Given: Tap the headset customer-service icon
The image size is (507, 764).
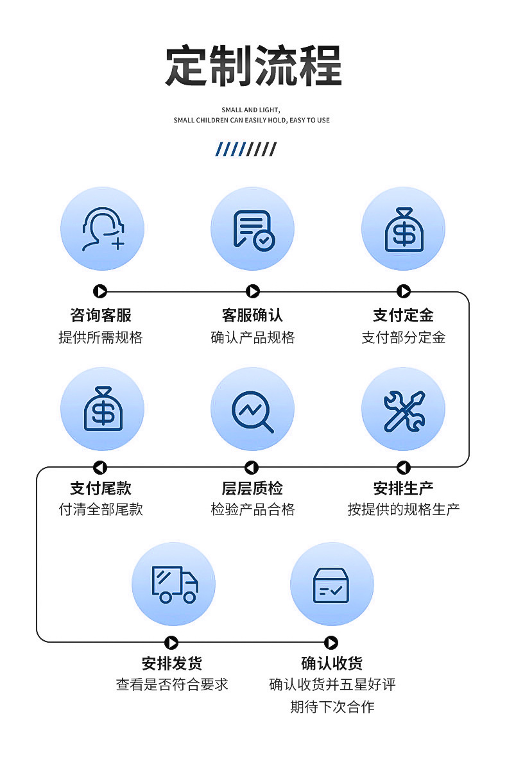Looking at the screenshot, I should (x=102, y=229).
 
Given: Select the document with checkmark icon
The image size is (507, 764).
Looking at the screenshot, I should (x=253, y=229).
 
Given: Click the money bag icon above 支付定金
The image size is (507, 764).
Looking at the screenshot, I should (x=403, y=229).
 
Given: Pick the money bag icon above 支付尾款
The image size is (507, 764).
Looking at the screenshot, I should (x=102, y=409).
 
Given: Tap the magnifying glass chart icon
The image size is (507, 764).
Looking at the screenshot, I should (x=253, y=409).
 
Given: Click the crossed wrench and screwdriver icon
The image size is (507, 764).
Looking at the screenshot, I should (x=403, y=409).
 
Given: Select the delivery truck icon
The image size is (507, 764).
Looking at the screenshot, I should (x=173, y=584).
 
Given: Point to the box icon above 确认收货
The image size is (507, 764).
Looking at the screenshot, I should (x=331, y=584).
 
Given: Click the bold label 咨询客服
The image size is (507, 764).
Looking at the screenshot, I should (x=101, y=315).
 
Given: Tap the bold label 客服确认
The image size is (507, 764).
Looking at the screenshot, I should (x=252, y=315).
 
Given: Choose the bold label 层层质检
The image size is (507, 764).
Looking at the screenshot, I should (x=252, y=488).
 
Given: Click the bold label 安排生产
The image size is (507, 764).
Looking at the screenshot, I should (x=403, y=488).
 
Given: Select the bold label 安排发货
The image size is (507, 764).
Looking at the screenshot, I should (x=172, y=663).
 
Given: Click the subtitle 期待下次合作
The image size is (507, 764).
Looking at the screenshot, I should (x=332, y=707).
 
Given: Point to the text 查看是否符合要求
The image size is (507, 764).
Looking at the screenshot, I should (x=172, y=684).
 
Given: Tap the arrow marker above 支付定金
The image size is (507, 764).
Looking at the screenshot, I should (x=403, y=292).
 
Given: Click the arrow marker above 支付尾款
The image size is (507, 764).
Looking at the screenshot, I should (x=100, y=467).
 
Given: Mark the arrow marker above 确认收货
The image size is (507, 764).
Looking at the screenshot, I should (x=331, y=642).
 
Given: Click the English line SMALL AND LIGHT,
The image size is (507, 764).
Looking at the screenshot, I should (x=251, y=110).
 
